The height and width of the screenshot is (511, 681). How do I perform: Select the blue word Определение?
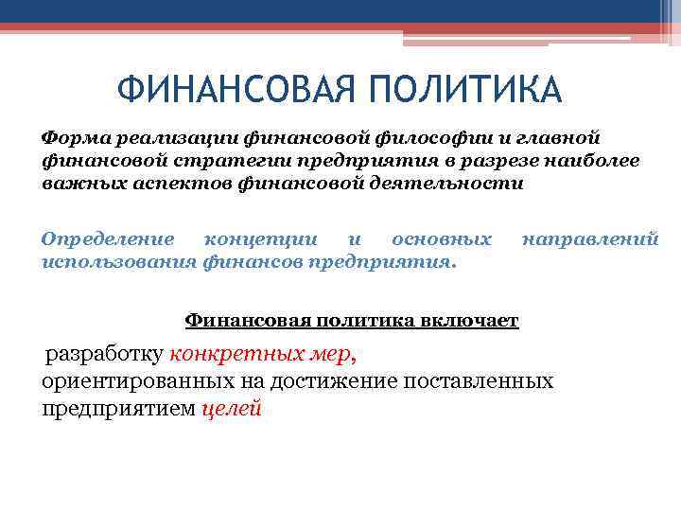coord(108,238)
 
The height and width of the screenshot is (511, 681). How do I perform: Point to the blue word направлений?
coord(589,238)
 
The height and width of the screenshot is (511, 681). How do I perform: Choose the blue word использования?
coord(120,261)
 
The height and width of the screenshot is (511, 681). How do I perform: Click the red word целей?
coord(232,409)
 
